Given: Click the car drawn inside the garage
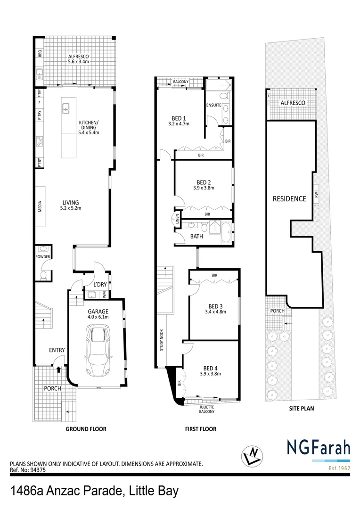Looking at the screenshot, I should (x=98, y=352).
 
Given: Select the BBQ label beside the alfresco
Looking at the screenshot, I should (x=40, y=55).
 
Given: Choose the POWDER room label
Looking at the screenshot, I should (x=42, y=257).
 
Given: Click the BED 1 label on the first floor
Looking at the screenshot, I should (x=178, y=118).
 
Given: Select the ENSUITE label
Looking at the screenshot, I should (x=214, y=105).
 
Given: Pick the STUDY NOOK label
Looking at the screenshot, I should (x=161, y=339).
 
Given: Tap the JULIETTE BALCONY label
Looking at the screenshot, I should (x=206, y=409).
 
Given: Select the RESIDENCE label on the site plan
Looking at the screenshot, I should (x=289, y=198).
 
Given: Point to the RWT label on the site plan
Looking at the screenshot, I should (x=317, y=193).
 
